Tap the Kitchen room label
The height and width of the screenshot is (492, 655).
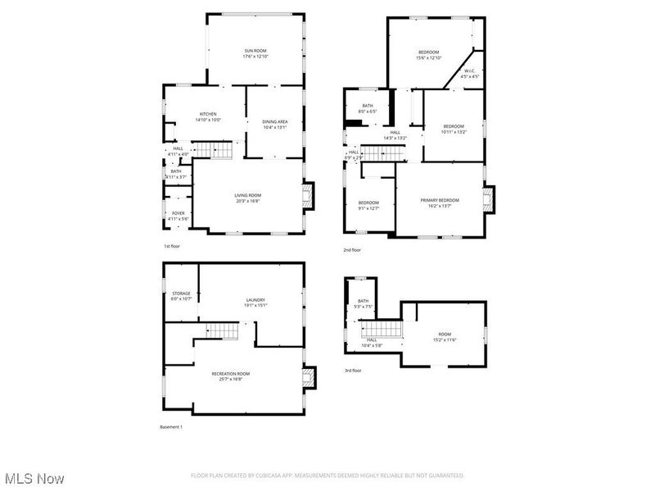click(x=208, y=114)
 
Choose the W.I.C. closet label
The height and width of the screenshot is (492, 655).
click(x=469, y=71)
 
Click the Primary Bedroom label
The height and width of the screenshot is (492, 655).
click(x=440, y=200)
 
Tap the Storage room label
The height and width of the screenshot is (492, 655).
click(x=181, y=294)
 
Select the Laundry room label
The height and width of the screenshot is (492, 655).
click(x=255, y=300)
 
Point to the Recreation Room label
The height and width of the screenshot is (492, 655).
click(x=231, y=374)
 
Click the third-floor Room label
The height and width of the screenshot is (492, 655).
click(x=445, y=334)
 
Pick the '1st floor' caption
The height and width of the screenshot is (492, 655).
click(x=171, y=246)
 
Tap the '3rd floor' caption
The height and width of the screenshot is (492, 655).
click(x=353, y=371)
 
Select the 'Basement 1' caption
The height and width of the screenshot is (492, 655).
click(x=170, y=426)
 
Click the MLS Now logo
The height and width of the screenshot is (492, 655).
click(x=34, y=477)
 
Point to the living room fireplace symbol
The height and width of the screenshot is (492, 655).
click(x=308, y=197)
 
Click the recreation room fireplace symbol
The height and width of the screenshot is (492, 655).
click(x=308, y=377)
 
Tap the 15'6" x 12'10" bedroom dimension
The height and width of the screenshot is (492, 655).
click(x=429, y=57)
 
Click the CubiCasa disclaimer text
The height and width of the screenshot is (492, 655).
click(x=327, y=476)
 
